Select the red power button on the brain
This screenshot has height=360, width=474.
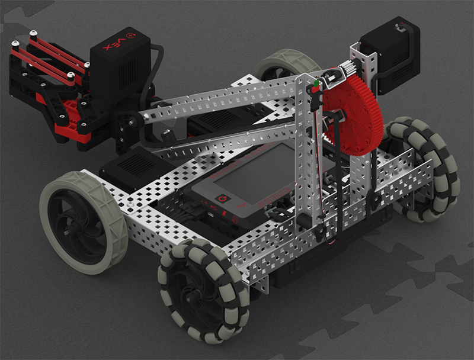tap(223, 199)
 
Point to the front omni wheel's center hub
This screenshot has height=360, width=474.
tap(190, 299)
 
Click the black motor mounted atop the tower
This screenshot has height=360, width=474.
tap(390, 54)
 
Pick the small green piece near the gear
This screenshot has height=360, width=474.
tap(316, 82)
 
